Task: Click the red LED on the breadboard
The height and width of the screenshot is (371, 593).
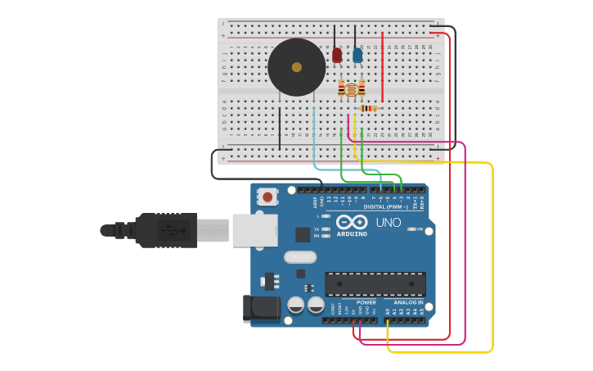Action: [337, 55]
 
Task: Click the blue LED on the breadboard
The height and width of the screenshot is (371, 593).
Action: [357, 55]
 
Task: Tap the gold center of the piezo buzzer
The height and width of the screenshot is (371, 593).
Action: [296, 67]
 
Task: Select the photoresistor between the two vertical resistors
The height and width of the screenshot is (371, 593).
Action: [352, 88]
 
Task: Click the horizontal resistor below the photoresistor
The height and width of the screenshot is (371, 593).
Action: [368, 108]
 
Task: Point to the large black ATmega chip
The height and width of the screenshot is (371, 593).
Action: [375, 283]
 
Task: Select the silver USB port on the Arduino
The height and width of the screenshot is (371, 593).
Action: [254, 230]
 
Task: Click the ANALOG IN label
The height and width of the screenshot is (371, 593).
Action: [408, 302]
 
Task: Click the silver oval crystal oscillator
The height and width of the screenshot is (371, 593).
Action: [300, 256]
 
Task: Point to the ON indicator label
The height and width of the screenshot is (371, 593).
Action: [420, 229]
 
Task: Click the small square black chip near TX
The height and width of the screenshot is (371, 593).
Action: [303, 234]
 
